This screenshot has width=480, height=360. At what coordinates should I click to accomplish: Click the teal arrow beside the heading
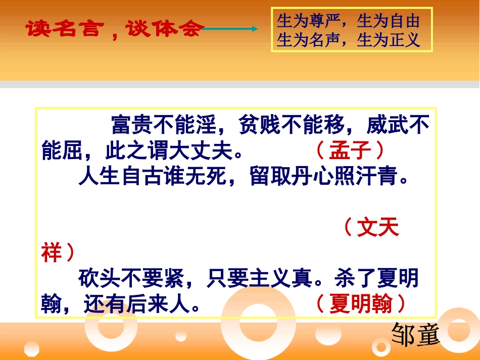[230, 29]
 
